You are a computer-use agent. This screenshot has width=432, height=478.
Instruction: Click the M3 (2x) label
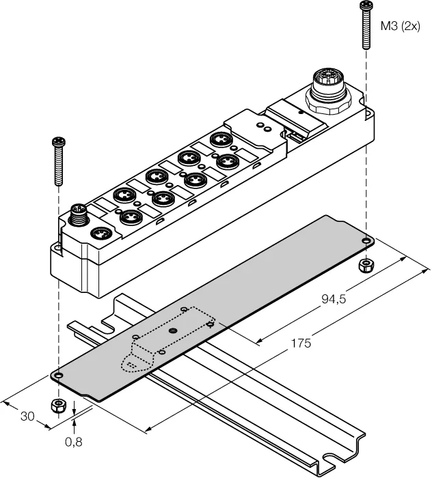pyautogui.click(x=400, y=27)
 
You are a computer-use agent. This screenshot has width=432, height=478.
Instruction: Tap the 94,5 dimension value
pyautogui.click(x=334, y=299)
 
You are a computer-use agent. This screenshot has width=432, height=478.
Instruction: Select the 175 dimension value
pyautogui.click(x=301, y=343)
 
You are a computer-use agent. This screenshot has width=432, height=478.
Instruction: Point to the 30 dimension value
pyautogui.click(x=27, y=416)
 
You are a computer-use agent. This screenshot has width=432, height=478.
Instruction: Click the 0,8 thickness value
pyautogui.click(x=74, y=442)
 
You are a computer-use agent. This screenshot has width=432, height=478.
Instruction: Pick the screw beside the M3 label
pyautogui.click(x=365, y=25)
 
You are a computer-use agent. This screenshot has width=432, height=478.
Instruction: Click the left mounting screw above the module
pyautogui.click(x=58, y=161)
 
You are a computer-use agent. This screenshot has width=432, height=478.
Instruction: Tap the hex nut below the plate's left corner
pyautogui.click(x=58, y=406)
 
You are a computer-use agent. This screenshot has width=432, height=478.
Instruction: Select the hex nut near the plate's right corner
pyautogui.click(x=366, y=265)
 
